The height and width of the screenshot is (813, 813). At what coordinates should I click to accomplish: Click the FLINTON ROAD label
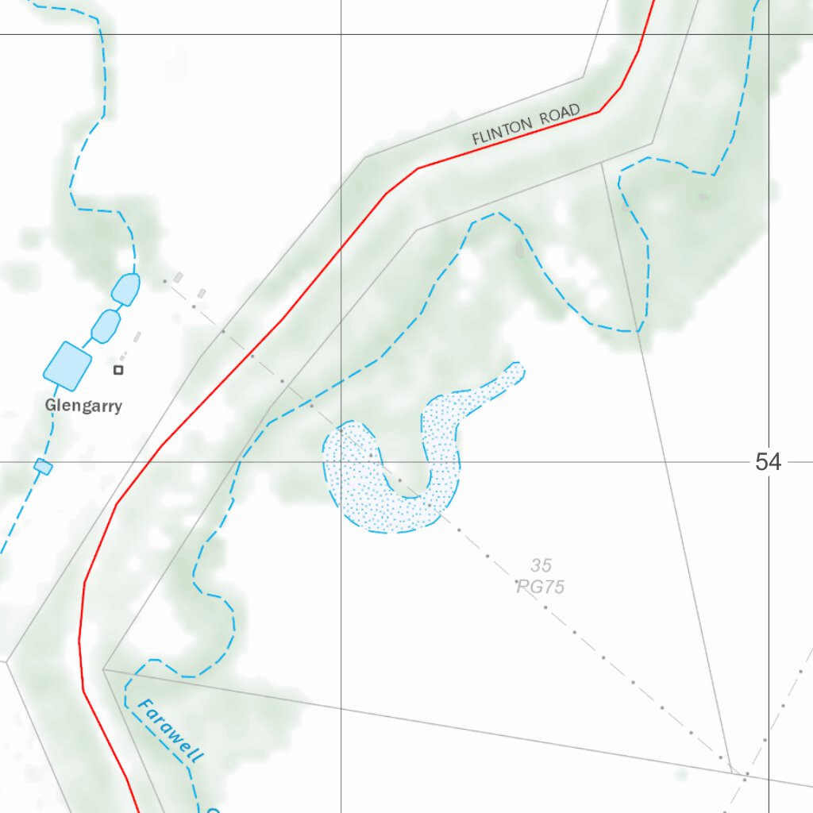tap(526, 125)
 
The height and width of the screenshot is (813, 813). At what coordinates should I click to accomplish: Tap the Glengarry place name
tap(83, 406)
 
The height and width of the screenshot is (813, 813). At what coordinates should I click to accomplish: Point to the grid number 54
tap(768, 462)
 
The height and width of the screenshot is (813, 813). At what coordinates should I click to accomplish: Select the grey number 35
tap(541, 565)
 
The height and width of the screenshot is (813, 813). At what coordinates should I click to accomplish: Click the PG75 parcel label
tap(541, 587)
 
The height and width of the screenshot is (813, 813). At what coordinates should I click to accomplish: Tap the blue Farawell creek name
tap(169, 730)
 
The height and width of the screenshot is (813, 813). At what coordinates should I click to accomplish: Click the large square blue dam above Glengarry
tap(67, 365)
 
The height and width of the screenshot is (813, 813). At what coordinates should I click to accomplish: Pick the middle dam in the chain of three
tap(106, 326)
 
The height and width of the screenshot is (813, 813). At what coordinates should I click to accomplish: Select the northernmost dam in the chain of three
tap(125, 289)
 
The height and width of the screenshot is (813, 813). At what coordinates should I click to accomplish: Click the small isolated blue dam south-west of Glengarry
tap(43, 467)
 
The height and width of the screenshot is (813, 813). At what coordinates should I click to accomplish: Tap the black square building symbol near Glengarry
tap(118, 370)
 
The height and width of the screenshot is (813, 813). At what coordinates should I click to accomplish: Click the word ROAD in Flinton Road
tap(560, 116)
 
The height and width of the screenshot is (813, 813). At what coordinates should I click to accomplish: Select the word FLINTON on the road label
tap(503, 132)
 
